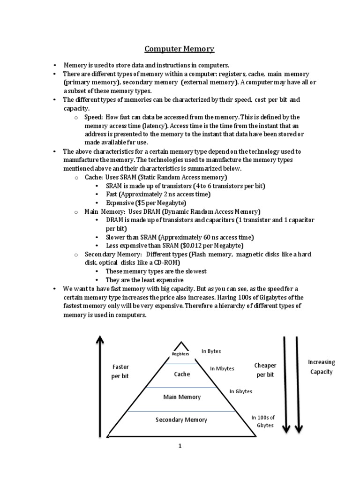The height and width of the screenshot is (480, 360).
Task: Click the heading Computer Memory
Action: pos(179,49)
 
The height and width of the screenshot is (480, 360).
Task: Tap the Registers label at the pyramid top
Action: pos(180,354)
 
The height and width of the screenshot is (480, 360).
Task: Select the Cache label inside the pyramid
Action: pos(182,374)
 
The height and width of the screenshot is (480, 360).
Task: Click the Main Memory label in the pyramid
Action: pos(182,397)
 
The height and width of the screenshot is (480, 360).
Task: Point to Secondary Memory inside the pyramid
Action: pos(181,420)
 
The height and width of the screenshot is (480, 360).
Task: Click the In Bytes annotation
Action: pos(211,351)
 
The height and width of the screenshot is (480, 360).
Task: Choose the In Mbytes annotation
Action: pos(222,368)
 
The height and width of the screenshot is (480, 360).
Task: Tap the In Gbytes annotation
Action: pos(241,391)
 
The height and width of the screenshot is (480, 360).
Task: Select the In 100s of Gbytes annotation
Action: pos(263,421)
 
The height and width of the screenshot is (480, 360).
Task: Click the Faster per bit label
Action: pos(120,371)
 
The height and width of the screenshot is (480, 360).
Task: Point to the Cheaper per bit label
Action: pos(265,370)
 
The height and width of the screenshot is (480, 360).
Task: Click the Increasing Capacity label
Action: pos(321,367)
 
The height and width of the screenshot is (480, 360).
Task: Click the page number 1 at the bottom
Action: pos(180,446)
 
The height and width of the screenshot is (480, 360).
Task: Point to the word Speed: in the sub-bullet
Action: pos(94,117)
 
